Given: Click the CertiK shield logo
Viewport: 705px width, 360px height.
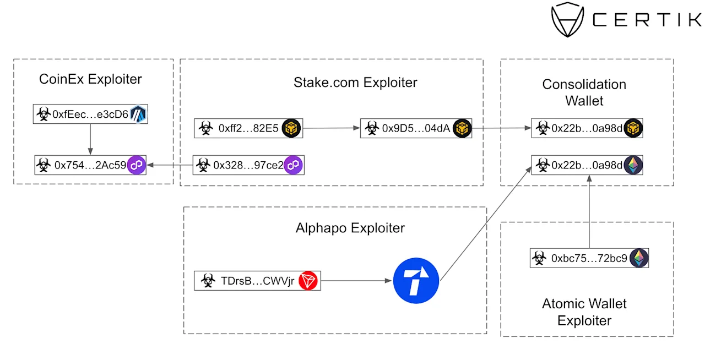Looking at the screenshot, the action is tap(567, 19).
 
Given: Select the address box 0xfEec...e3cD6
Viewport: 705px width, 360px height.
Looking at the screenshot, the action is tap(90, 114).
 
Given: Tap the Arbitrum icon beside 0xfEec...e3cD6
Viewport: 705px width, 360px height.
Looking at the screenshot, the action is tap(138, 114).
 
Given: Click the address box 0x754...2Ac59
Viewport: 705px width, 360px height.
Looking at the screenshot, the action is tap(90, 165).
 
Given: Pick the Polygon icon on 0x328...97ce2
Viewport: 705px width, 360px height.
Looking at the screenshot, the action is tap(293, 165).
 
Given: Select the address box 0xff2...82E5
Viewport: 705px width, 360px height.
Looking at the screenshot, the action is tap(248, 128).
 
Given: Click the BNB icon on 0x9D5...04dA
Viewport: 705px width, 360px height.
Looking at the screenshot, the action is tap(462, 128).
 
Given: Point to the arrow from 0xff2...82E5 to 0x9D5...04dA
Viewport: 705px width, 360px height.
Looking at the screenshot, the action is tap(332, 128).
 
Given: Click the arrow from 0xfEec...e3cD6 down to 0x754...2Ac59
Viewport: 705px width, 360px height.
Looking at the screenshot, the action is tap(90, 139).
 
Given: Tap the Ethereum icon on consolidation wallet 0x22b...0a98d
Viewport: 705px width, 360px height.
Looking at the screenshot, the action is tap(633, 165).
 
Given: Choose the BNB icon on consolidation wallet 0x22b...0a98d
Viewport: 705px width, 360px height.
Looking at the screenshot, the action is tap(633, 128).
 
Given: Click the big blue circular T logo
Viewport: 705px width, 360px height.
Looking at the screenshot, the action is tap(416, 280).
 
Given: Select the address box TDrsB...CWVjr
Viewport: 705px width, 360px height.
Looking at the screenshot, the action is tap(257, 280).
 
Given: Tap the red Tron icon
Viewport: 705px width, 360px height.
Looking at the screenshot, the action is tap(308, 280).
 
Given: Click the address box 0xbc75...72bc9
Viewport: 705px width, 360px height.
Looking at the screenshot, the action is tap(589, 258).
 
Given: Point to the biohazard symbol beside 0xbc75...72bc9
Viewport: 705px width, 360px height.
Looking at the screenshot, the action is tap(539, 258).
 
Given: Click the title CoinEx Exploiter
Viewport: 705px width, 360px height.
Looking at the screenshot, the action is tap(90, 79).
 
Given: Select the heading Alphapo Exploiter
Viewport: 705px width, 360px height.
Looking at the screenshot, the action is tap(350, 228).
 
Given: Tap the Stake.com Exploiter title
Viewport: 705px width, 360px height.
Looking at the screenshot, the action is tap(355, 83).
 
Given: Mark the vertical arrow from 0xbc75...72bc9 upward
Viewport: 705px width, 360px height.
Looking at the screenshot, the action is tap(589, 211).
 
